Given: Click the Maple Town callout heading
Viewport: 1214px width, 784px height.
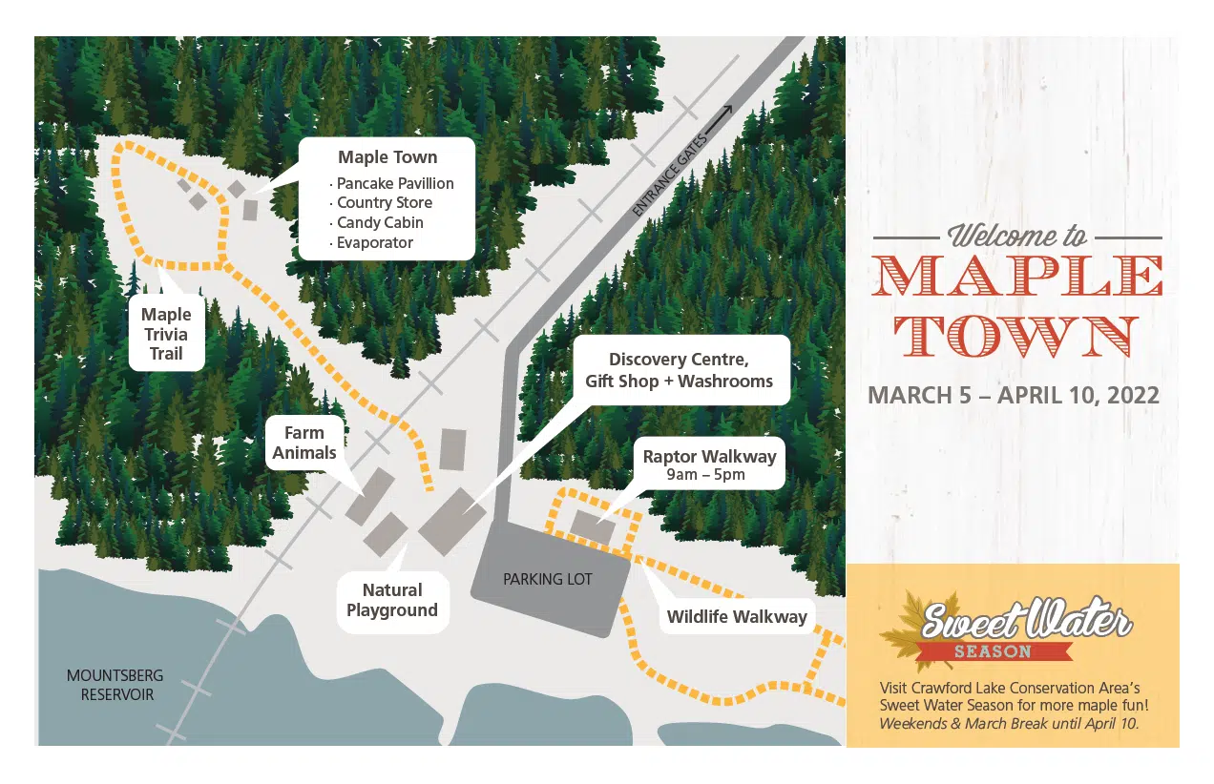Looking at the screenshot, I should tap(387, 157).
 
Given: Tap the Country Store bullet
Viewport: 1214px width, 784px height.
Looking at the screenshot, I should tap(384, 203).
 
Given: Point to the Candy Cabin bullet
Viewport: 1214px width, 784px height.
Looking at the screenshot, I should tap(379, 223).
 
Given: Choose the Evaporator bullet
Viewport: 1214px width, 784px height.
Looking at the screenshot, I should tap(374, 243).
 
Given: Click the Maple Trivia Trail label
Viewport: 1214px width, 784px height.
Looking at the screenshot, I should tap(166, 335).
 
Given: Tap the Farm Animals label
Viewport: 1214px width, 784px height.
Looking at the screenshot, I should tap(304, 444).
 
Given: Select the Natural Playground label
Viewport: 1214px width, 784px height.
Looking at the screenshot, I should tap(392, 601).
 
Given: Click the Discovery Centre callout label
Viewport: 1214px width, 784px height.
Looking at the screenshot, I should tap(679, 371).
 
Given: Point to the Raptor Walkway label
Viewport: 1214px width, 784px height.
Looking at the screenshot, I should tap(709, 457).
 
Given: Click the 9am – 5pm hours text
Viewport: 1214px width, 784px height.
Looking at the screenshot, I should tap(707, 475).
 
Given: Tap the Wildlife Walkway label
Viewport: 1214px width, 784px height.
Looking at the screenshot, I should tap(737, 617).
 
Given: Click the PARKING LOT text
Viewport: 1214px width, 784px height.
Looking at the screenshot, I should tap(548, 579).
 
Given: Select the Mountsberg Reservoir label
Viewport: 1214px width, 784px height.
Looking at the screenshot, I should tap(115, 685).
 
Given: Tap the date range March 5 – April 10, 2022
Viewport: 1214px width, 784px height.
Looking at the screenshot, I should tap(1014, 396).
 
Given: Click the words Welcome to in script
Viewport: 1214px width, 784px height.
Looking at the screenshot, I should tap(1017, 236).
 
